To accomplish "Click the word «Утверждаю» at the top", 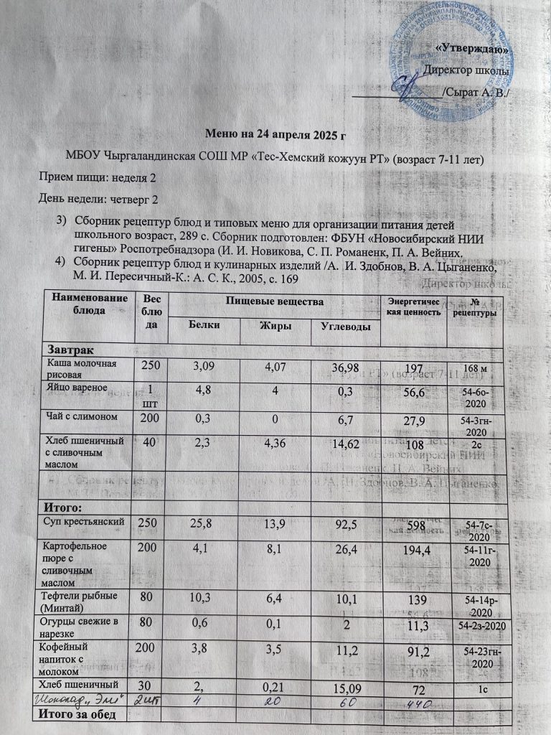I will click(473, 50).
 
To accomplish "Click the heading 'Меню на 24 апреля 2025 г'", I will click(276, 134).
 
